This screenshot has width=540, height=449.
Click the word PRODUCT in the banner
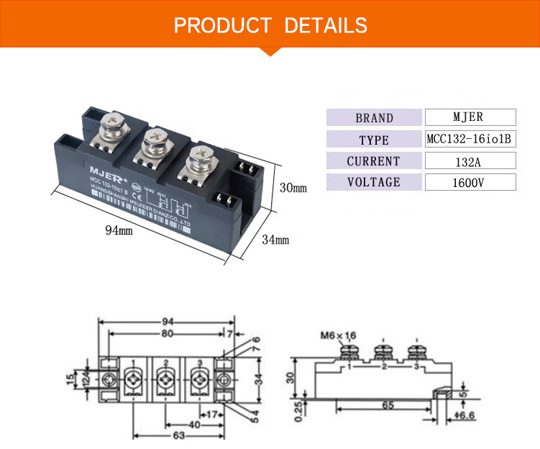(222, 26)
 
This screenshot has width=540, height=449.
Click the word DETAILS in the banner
(326, 26)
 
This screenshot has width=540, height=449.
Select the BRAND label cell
(374, 118)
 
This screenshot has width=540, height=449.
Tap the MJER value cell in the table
(470, 117)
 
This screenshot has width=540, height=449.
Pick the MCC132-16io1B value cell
(470, 140)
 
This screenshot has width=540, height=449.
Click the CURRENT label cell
(374, 161)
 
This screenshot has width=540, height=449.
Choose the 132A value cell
(470, 161)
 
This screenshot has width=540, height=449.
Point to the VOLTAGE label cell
(374, 182)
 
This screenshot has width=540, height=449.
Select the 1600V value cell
(470, 182)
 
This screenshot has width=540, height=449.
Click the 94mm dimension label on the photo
(119, 230)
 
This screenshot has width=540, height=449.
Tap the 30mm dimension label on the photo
(293, 188)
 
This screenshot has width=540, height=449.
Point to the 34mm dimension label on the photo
(275, 239)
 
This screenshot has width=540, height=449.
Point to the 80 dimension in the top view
(166, 334)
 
